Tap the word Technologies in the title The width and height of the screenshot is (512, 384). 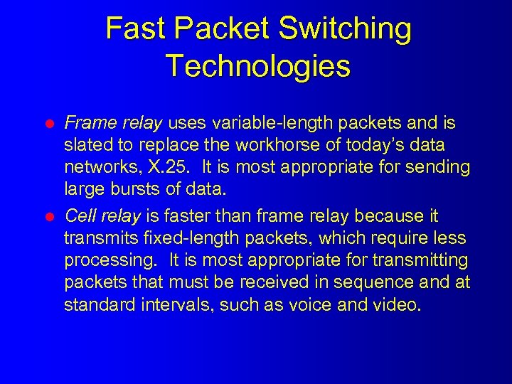pyautogui.click(x=258, y=66)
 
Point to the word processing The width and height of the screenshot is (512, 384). pyautogui.click(x=103, y=261)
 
